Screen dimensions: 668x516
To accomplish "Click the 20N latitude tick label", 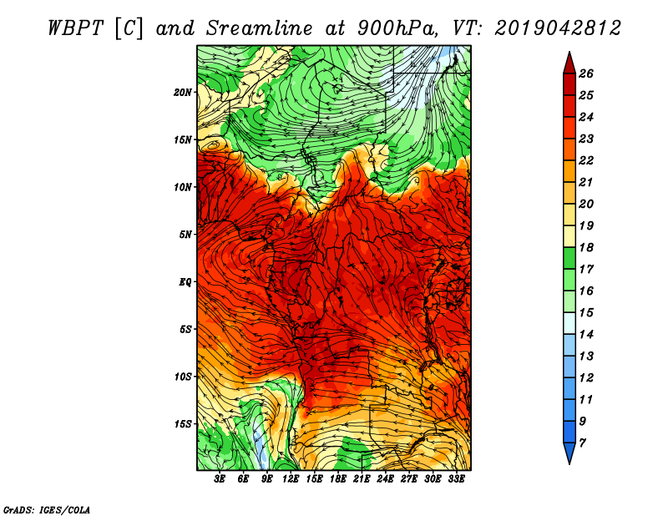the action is [183, 92].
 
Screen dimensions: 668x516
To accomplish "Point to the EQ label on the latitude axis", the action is [185, 281].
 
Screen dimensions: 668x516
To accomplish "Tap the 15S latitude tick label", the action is [183, 424].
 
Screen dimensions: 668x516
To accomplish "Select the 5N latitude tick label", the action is [185, 235].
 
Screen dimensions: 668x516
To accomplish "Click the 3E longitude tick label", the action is [220, 479].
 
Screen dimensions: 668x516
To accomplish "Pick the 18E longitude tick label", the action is [338, 479].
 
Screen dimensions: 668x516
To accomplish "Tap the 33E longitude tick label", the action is [456, 479].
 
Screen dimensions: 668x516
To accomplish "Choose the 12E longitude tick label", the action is [291, 479].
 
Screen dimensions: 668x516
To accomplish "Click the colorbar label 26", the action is [586, 73].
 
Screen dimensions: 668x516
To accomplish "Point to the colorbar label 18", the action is [586, 247].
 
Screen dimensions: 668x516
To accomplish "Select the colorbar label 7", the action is [582, 443].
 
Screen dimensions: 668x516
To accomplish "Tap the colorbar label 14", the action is [586, 335].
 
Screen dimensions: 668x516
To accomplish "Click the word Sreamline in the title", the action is [260, 28].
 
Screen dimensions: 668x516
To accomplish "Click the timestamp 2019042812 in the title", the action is [558, 28].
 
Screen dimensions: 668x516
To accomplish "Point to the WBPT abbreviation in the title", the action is [75, 28].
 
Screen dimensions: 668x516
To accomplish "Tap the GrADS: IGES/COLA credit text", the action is [47, 509].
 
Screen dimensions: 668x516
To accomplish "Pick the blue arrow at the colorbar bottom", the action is [569, 453].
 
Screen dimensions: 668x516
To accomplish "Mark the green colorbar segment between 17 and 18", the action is [569, 258].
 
